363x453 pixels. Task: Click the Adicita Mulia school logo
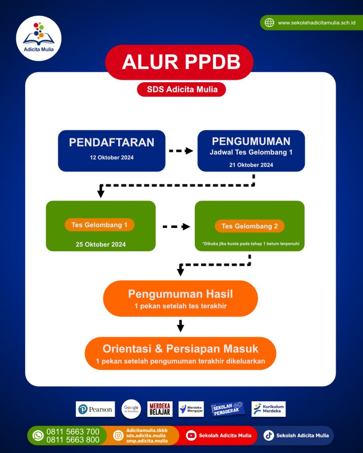coord(39,38)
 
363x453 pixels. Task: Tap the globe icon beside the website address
coord(269,23)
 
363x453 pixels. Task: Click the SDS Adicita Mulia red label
coord(182,89)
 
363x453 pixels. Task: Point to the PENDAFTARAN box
coord(112,150)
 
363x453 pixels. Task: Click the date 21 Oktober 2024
coord(251,165)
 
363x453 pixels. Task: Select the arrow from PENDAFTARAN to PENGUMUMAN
coord(181,151)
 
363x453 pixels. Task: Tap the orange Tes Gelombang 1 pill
coord(100,225)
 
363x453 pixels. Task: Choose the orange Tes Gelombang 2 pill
coord(250,226)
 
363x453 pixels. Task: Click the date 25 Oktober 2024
coord(100,244)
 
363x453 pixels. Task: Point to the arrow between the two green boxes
coord(176,226)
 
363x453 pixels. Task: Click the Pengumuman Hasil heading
coord(180,294)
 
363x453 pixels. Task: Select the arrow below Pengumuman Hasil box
coord(180,326)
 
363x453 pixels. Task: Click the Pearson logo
coord(95,409)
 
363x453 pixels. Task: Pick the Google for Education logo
coord(131,409)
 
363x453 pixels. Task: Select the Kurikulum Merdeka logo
coord(268,409)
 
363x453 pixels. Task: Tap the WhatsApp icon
coord(39,435)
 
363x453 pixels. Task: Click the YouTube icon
coord(191,435)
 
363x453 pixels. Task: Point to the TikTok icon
coord(269,435)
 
